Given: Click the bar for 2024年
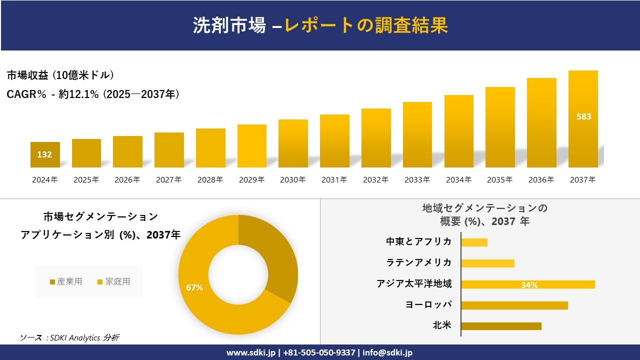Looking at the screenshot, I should [x=45, y=155].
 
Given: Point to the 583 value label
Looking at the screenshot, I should [x=583, y=116].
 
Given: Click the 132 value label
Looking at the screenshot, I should [x=44, y=154].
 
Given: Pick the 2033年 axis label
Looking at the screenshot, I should [x=417, y=180].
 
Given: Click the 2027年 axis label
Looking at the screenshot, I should [x=168, y=180].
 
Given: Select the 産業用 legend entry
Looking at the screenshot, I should [x=66, y=282].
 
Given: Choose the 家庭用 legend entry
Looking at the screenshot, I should [x=113, y=282].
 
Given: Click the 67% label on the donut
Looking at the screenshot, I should [x=194, y=287].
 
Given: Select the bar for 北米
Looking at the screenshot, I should [x=501, y=326].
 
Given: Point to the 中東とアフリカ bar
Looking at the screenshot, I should [x=474, y=242].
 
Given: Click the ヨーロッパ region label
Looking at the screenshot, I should [x=428, y=305].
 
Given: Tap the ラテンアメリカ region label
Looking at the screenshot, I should [x=419, y=263].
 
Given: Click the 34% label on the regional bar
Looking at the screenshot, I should [x=529, y=285].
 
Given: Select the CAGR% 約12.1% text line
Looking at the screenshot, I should [x=93, y=94].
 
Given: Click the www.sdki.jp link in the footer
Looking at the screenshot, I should [x=251, y=352].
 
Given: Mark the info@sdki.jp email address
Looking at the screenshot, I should [x=388, y=352].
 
